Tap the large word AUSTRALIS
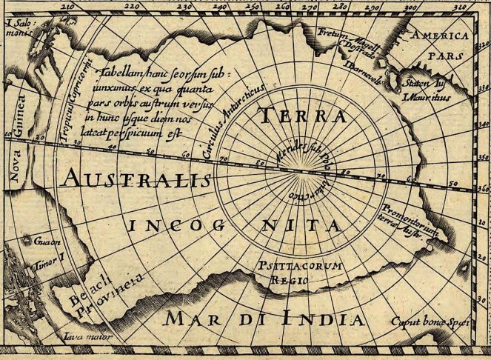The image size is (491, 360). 138,178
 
